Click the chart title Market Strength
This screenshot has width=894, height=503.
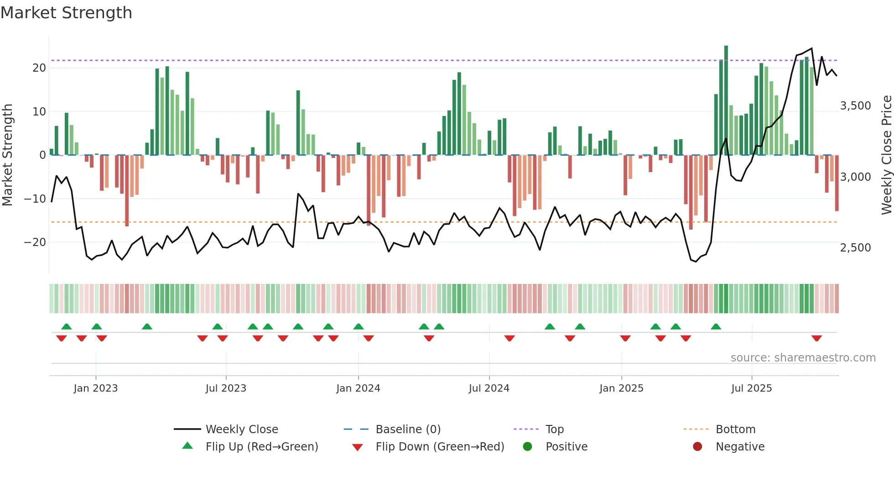click(x=66, y=13)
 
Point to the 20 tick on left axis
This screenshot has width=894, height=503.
click(x=39, y=68)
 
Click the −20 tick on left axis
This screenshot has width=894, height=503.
click(x=35, y=242)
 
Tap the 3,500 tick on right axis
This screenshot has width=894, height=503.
click(x=855, y=106)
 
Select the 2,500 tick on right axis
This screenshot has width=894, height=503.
click(x=855, y=248)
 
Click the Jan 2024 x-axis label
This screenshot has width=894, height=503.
click(x=358, y=388)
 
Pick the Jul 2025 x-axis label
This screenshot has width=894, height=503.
click(x=751, y=388)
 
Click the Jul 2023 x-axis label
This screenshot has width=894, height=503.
click(x=226, y=388)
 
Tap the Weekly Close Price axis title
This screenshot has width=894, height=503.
click(x=886, y=155)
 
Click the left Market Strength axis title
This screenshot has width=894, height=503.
click(x=8, y=155)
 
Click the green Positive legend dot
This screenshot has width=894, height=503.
click(x=527, y=447)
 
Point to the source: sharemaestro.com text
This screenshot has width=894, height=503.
click(x=803, y=358)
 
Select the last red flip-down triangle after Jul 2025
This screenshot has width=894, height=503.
click(x=816, y=338)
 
